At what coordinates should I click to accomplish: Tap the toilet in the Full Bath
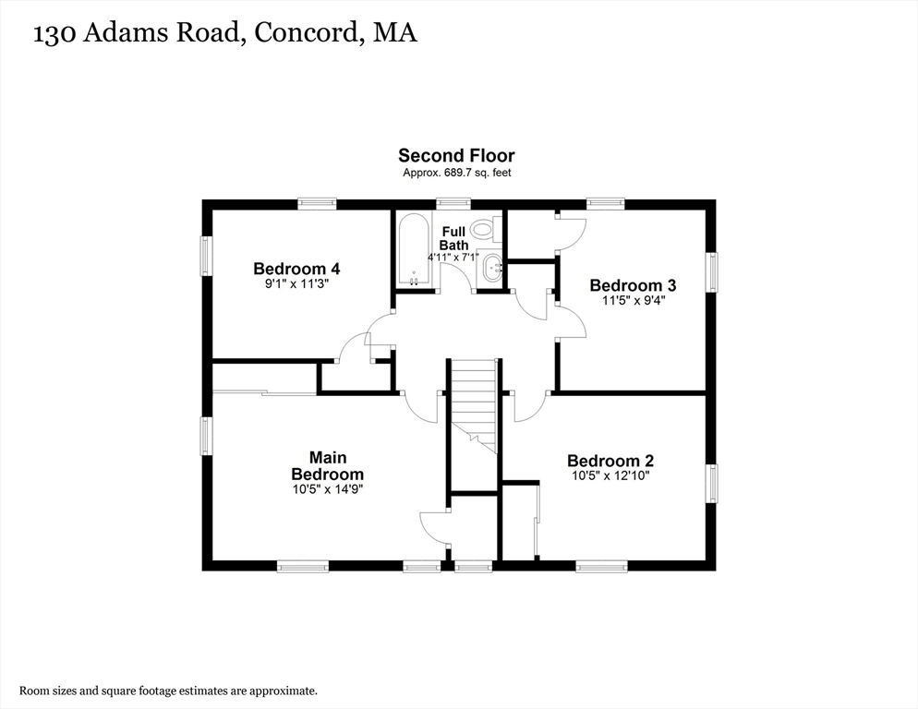click(x=484, y=228)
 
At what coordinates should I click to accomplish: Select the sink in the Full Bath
click(x=491, y=270)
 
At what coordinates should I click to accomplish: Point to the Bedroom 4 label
click(x=296, y=269)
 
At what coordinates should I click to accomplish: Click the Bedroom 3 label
click(x=626, y=285)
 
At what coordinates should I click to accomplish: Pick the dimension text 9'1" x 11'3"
click(x=296, y=284)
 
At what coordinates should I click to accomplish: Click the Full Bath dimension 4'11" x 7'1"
click(x=453, y=258)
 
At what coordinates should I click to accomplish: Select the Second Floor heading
click(x=456, y=156)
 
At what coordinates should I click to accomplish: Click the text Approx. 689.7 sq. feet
click(x=456, y=173)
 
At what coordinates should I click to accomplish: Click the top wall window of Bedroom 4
click(x=316, y=203)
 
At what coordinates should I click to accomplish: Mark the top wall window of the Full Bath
click(x=453, y=203)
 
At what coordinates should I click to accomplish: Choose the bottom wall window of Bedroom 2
click(x=601, y=566)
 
